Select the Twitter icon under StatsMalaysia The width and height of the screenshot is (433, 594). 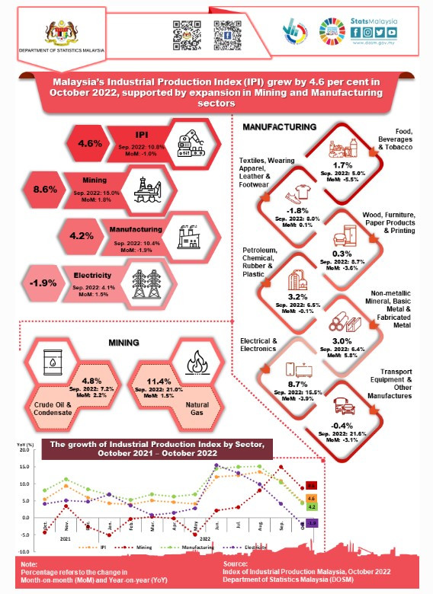click(x=380, y=33)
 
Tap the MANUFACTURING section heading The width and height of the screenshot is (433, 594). click(x=279, y=126)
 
